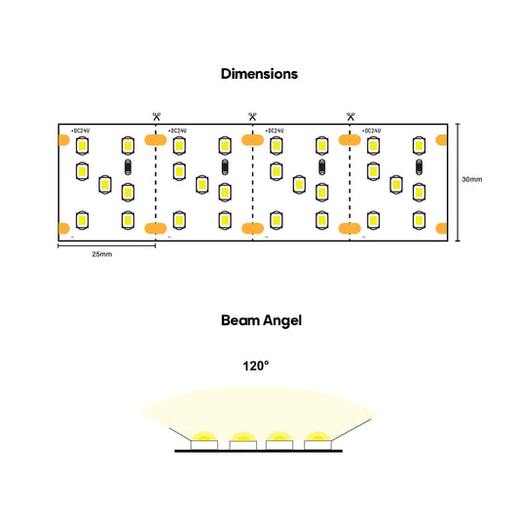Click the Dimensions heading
[259, 74]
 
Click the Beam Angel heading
[261, 320]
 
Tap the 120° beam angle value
[255, 366]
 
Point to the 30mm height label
[472, 179]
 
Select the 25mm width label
[102, 254]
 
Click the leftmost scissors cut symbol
[156, 117]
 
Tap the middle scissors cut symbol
[252, 117]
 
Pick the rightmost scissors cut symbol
[351, 117]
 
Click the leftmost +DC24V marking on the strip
[80, 130]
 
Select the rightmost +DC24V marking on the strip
[371, 130]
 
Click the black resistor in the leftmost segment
[128, 167]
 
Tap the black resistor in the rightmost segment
[419, 167]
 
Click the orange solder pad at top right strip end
[441, 140]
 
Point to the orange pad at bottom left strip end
[64, 229]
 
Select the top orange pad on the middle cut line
[252, 140]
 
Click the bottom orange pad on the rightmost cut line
[350, 229]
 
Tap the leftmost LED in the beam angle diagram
[204, 445]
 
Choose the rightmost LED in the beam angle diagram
[317, 445]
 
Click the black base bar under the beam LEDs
[258, 451]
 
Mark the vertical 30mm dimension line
[458, 182]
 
